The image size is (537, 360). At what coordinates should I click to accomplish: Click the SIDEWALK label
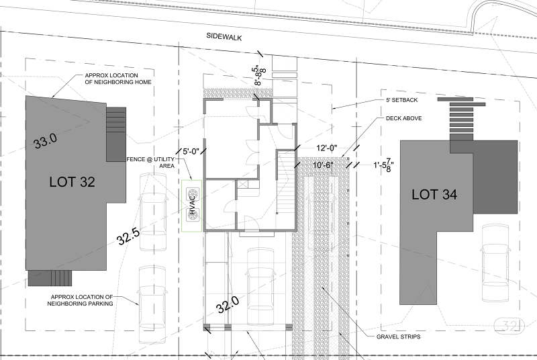click(x=224, y=37)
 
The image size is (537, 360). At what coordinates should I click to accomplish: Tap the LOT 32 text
click(x=72, y=182)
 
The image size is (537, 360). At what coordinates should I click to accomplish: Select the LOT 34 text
click(x=434, y=195)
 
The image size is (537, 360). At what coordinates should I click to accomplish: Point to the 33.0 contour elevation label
click(x=46, y=140)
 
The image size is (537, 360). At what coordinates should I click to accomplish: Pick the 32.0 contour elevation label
click(x=228, y=304)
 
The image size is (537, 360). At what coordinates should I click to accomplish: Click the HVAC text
click(x=192, y=204)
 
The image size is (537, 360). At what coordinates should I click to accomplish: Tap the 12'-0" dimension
click(x=327, y=148)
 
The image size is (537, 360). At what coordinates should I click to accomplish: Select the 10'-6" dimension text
click(x=323, y=165)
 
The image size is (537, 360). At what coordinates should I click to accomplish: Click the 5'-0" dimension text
click(x=191, y=151)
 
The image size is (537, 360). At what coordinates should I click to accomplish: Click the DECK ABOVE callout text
click(x=404, y=118)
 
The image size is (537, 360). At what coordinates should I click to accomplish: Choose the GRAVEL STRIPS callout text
click(x=398, y=336)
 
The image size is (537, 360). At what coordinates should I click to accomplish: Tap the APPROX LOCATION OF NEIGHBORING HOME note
click(x=118, y=79)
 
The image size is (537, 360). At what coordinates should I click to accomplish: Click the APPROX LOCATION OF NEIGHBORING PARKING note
click(x=81, y=300)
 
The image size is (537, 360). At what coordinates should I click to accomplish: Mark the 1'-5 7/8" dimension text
click(x=383, y=166)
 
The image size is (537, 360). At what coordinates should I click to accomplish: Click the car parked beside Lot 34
click(x=495, y=263)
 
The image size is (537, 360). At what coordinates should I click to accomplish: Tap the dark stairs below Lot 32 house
click(x=50, y=278)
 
